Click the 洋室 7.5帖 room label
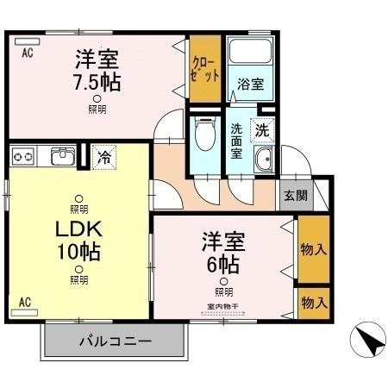[x=97, y=71]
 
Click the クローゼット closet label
[x=203, y=69]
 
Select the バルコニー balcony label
[x=116, y=341]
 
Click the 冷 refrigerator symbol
[x=103, y=158]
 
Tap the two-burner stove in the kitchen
[x=24, y=157]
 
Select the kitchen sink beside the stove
[x=62, y=157]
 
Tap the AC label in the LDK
[x=25, y=302]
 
